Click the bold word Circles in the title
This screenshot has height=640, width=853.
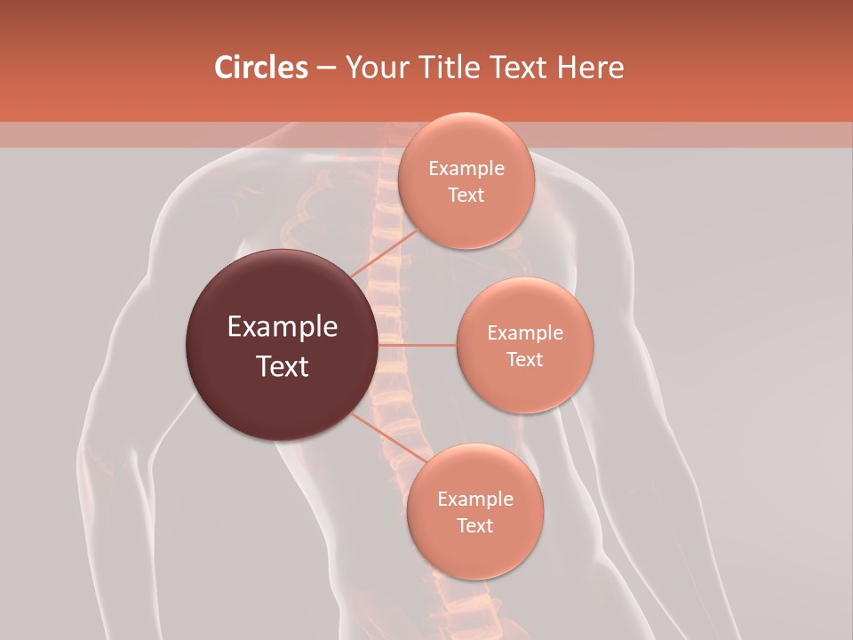coord(260,68)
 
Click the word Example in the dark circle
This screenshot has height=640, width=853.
coord(283,327)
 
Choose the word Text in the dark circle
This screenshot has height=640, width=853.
coord(283,366)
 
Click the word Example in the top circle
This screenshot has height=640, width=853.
coord(466,169)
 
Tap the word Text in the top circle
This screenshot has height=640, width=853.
coord(466,196)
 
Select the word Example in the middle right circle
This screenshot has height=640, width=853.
coord(524,333)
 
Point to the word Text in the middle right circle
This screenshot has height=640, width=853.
coord(524,360)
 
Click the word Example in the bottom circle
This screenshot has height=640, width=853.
coord(474,500)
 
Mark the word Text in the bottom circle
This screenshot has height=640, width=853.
coord(474,526)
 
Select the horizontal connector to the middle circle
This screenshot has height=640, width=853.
coord(418,344)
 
